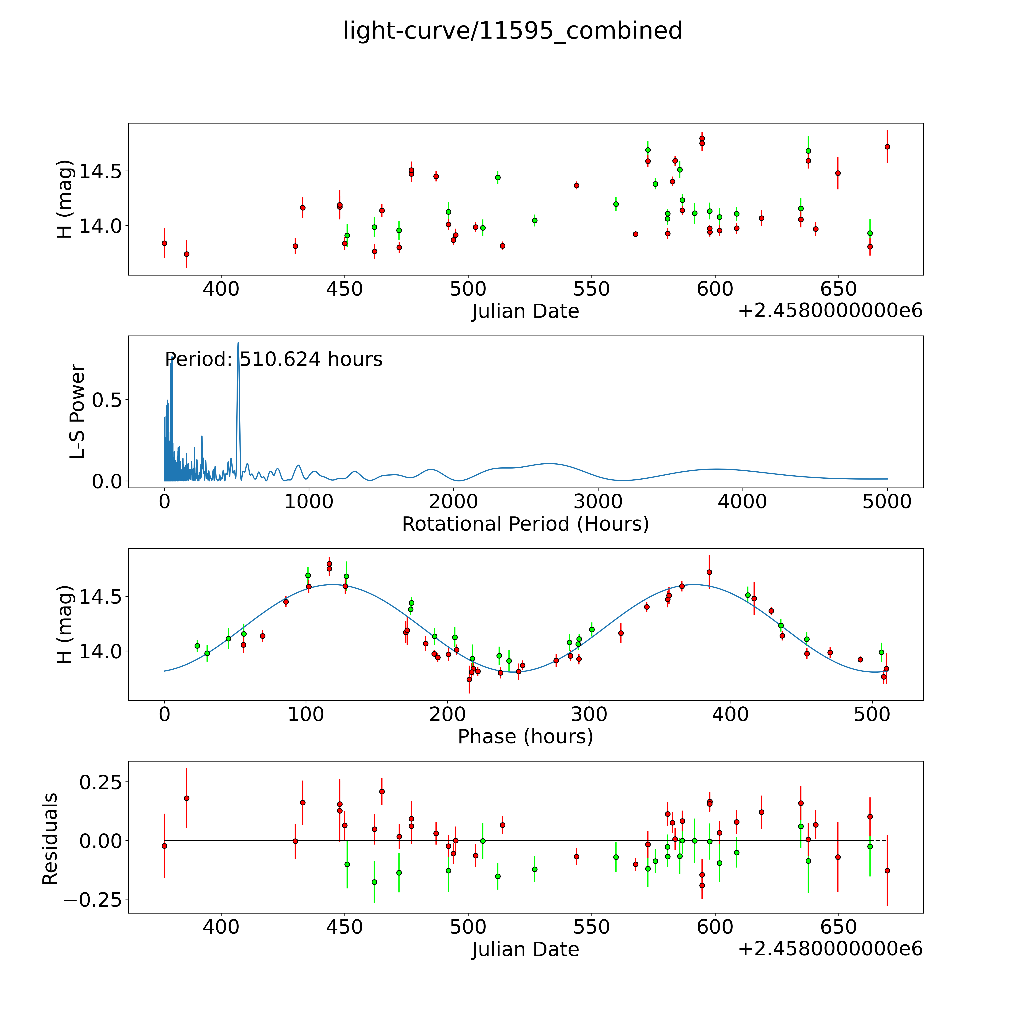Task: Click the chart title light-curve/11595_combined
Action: tap(512, 31)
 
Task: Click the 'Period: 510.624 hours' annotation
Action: tap(273, 359)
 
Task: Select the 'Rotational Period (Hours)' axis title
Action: tap(525, 524)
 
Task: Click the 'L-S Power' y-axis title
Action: tap(78, 412)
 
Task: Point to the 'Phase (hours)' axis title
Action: tap(525, 737)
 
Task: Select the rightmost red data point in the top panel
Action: tap(887, 146)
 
